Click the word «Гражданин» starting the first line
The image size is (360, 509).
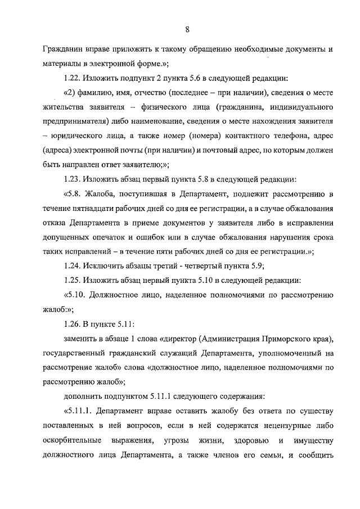point(65,49)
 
